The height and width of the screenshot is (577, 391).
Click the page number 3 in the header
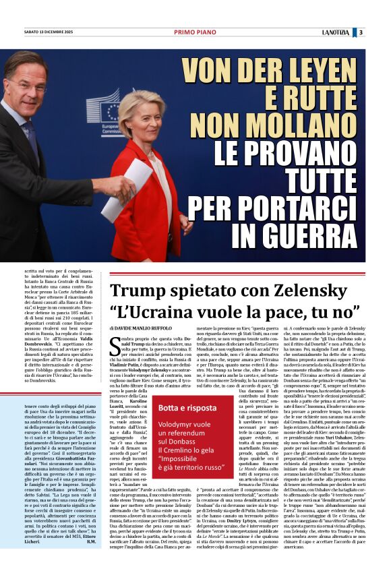tap(361, 32)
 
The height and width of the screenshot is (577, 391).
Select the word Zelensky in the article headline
tap(297, 291)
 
